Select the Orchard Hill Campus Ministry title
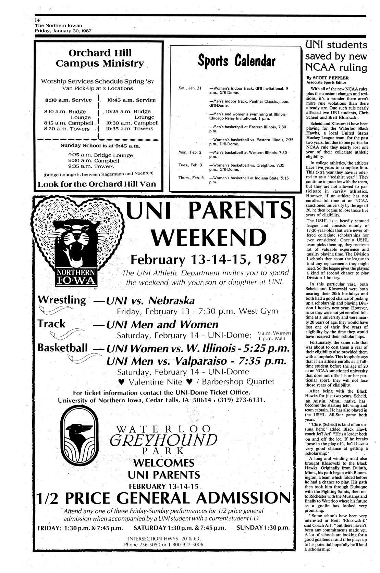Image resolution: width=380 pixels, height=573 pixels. click(100, 58)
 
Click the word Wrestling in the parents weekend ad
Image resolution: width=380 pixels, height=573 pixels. click(62, 300)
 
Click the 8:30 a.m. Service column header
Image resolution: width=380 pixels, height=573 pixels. click(68, 100)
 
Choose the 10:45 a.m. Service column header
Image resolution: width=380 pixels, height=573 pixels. click(131, 100)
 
